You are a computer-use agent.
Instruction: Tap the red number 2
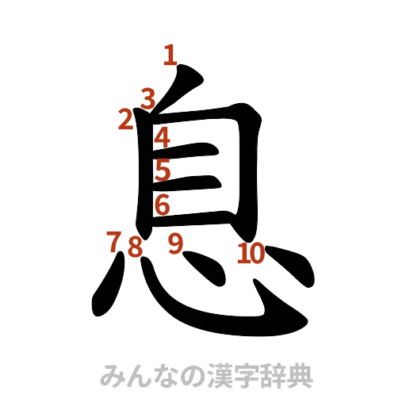pyautogui.click(x=124, y=120)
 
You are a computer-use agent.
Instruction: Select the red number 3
pyautogui.click(x=147, y=98)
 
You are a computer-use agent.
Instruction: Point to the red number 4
pyautogui.click(x=162, y=137)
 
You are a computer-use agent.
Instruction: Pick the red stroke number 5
pyautogui.click(x=163, y=170)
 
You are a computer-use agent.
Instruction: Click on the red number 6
pyautogui.click(x=162, y=205)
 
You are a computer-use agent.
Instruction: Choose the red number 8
pyautogui.click(x=136, y=246)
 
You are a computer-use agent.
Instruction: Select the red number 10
pyautogui.click(x=251, y=254)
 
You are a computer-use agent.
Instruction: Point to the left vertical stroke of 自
pyautogui.click(x=144, y=174)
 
